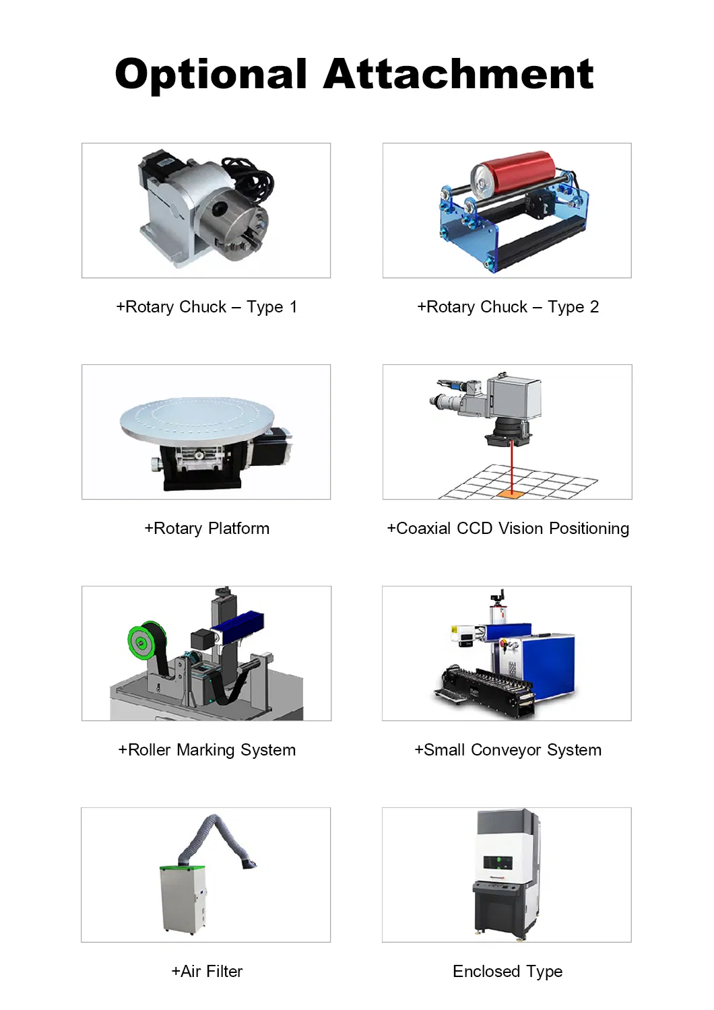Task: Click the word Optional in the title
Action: [211, 74]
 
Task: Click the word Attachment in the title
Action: [458, 74]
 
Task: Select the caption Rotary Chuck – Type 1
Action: [206, 307]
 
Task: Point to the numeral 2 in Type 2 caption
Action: [594, 307]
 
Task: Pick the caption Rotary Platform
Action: [207, 529]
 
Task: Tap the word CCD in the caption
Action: [474, 529]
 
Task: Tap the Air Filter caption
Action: [207, 972]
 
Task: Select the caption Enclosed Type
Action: [507, 972]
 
